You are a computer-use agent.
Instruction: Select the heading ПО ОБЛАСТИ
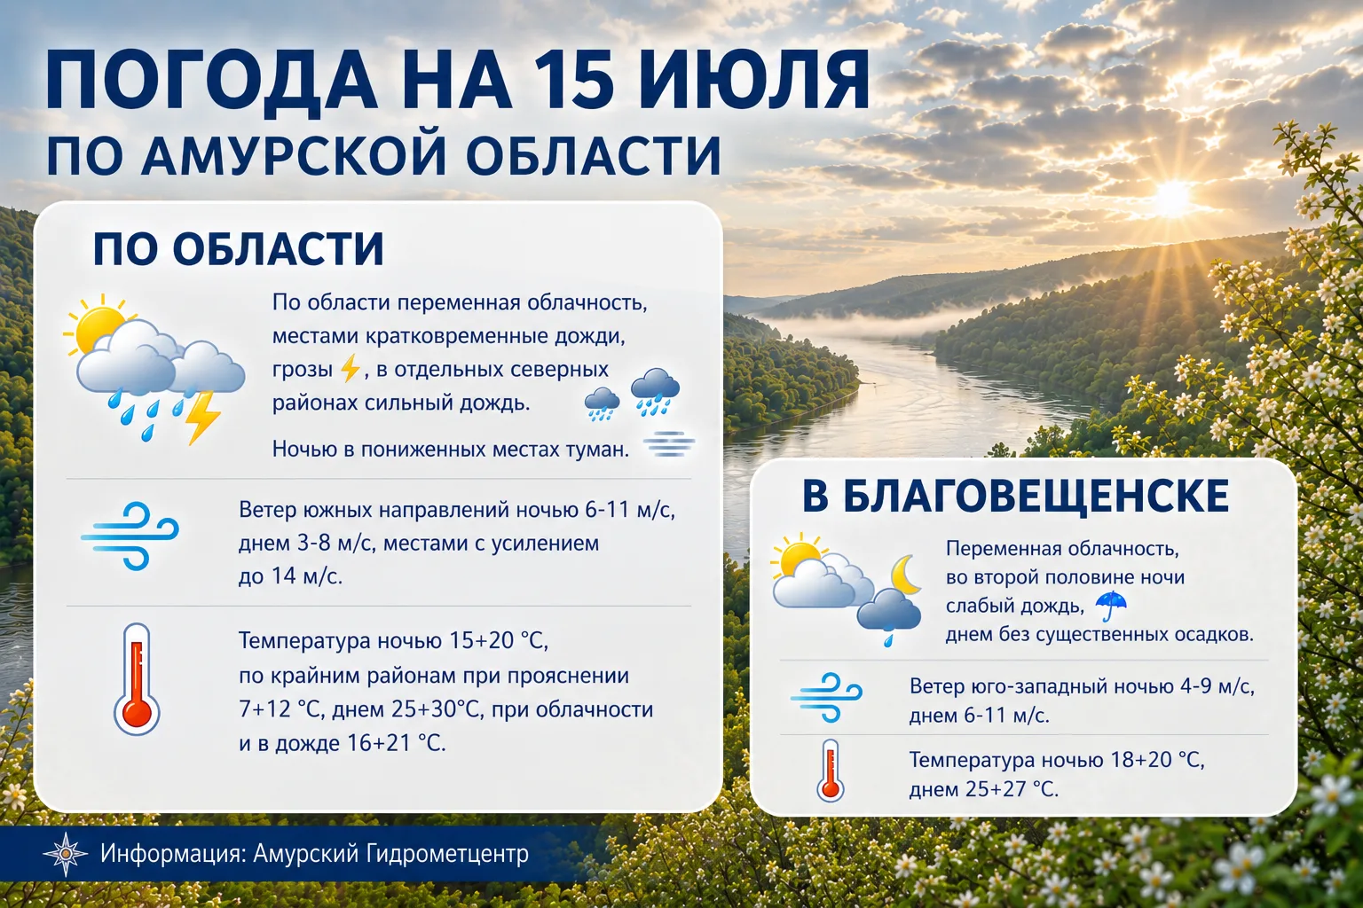238,249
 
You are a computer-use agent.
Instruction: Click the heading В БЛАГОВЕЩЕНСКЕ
1015,496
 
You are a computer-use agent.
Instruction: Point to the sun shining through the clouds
1171,198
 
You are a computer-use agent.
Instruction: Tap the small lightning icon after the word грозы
350,369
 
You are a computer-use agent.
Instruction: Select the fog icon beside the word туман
669,444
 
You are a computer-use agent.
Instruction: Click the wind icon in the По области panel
130,536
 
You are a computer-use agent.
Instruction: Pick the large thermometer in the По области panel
137,678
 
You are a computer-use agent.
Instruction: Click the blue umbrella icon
1111,605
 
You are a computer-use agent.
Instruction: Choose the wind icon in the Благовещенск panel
826,697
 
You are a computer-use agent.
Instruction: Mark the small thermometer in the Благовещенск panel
830,771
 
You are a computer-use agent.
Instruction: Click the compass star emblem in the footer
65,854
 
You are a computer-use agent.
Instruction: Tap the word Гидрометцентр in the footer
447,854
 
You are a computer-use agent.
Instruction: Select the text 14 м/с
306,575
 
